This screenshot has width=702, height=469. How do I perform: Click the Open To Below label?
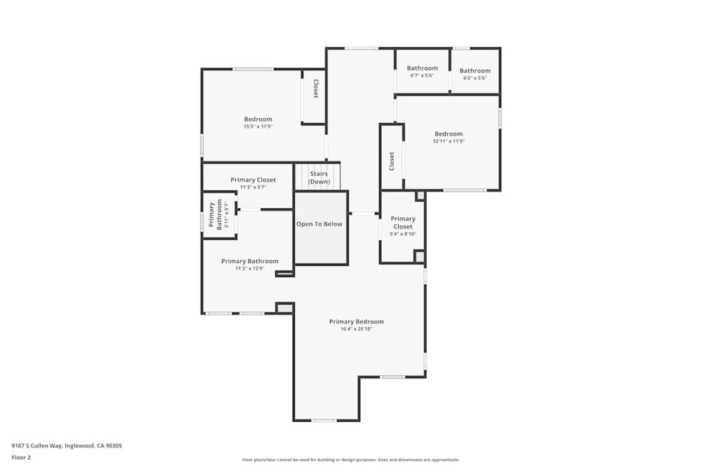click(x=319, y=224)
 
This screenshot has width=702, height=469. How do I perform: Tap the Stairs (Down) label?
click(x=319, y=178)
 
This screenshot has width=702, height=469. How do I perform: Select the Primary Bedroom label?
click(x=357, y=321)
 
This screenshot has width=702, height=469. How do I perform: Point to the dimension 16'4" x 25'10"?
click(x=357, y=329)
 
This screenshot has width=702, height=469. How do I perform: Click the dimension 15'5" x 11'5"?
click(x=258, y=127)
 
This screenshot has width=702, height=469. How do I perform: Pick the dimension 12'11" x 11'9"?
click(x=449, y=141)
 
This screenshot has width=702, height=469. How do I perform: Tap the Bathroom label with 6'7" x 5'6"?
click(x=422, y=68)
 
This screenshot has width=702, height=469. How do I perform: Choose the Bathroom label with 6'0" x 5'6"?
click(x=475, y=70)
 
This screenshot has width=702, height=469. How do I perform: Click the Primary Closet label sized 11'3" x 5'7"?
click(x=253, y=180)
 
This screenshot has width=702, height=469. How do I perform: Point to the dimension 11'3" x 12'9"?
click(x=249, y=268)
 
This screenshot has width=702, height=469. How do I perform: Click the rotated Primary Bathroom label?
click(x=218, y=214)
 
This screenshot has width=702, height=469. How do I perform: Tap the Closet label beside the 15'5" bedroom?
click(x=316, y=89)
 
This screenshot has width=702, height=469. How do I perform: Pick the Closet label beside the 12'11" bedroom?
click(x=392, y=161)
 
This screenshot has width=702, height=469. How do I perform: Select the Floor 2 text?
click(x=22, y=457)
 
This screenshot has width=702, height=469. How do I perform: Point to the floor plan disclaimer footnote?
click(x=351, y=460)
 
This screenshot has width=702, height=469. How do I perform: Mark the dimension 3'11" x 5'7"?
click(x=227, y=214)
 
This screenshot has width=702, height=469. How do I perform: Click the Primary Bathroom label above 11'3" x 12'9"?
click(x=249, y=261)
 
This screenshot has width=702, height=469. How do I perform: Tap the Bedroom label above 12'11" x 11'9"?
click(x=449, y=134)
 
